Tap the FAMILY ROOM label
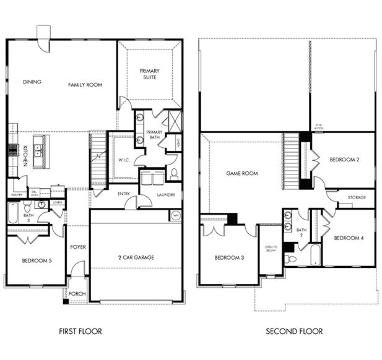(x=85, y=85)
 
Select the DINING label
(x=32, y=82)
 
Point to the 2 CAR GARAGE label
(x=136, y=257)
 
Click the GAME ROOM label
(x=241, y=174)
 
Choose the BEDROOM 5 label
(x=36, y=261)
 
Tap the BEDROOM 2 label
(x=344, y=160)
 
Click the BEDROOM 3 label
(x=230, y=258)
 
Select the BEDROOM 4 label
(x=349, y=238)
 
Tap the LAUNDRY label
(x=166, y=195)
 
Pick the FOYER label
(x=78, y=247)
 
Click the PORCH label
(x=77, y=294)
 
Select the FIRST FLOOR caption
(x=80, y=332)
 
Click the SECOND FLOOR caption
(x=294, y=332)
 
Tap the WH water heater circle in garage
(x=176, y=216)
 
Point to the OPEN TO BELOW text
(x=271, y=248)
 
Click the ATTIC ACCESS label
(x=319, y=127)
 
